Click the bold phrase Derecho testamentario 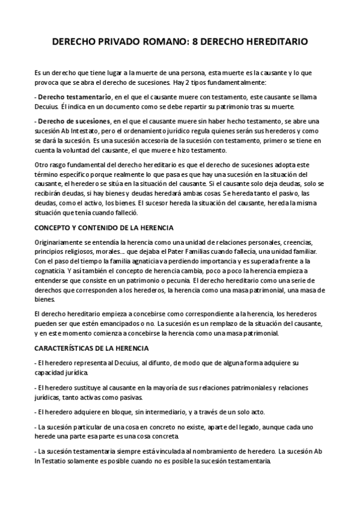point(75,97)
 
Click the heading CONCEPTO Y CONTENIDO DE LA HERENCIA point(104,228)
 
